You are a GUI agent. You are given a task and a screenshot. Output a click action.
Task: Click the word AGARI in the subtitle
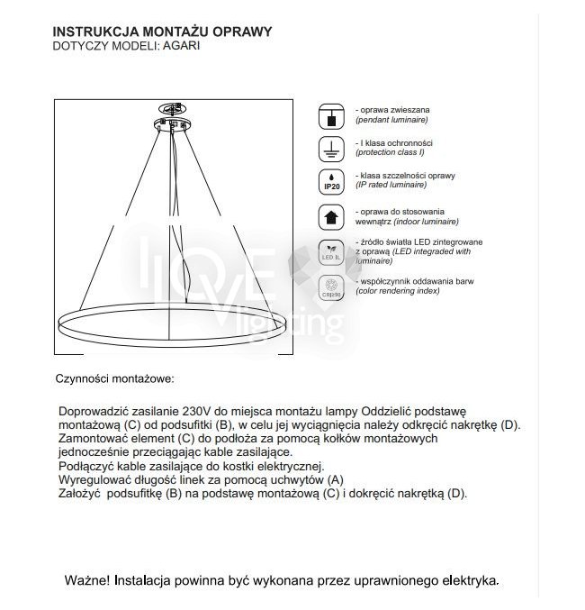(181, 45)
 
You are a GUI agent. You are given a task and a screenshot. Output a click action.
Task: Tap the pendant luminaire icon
(330, 115)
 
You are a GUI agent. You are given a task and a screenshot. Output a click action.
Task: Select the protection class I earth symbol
(330, 148)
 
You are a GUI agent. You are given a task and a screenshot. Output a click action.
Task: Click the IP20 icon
(330, 181)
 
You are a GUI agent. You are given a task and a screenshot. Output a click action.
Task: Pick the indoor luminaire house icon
(330, 217)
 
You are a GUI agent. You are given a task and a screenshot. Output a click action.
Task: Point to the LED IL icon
(330, 251)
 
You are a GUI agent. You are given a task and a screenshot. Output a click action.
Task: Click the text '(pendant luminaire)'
(391, 120)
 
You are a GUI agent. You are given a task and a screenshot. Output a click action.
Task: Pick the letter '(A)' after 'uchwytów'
(334, 480)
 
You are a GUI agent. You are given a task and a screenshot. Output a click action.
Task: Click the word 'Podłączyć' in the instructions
(85, 466)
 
